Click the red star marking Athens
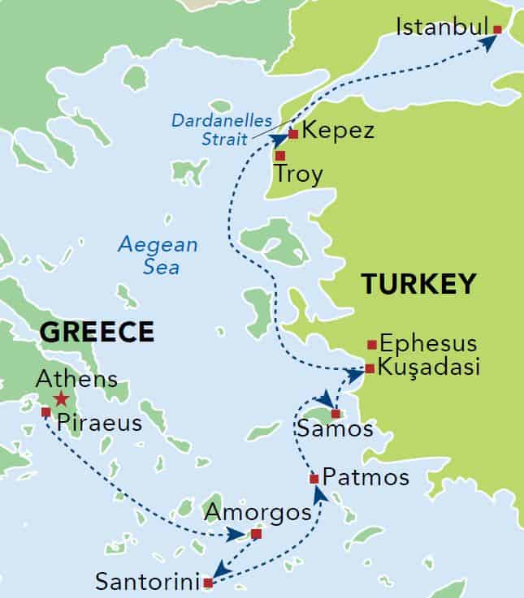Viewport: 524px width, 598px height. [61, 398]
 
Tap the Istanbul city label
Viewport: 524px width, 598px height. [441, 28]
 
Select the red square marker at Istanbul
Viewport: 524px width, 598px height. [497, 29]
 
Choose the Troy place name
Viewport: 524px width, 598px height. [298, 174]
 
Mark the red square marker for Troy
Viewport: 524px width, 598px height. [279, 155]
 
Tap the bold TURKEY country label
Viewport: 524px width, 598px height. [418, 284]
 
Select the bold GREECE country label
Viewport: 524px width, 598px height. [97, 332]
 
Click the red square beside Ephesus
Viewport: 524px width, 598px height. [371, 343]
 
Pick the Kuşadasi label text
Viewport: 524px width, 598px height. [430, 368]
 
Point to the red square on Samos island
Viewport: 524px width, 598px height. [336, 414]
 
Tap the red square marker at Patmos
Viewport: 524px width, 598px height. [314, 479]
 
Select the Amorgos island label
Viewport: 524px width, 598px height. [258, 512]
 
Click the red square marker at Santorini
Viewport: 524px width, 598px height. [208, 583]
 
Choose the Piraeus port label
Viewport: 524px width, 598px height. [99, 424]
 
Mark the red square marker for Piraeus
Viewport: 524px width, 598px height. [45, 412]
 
